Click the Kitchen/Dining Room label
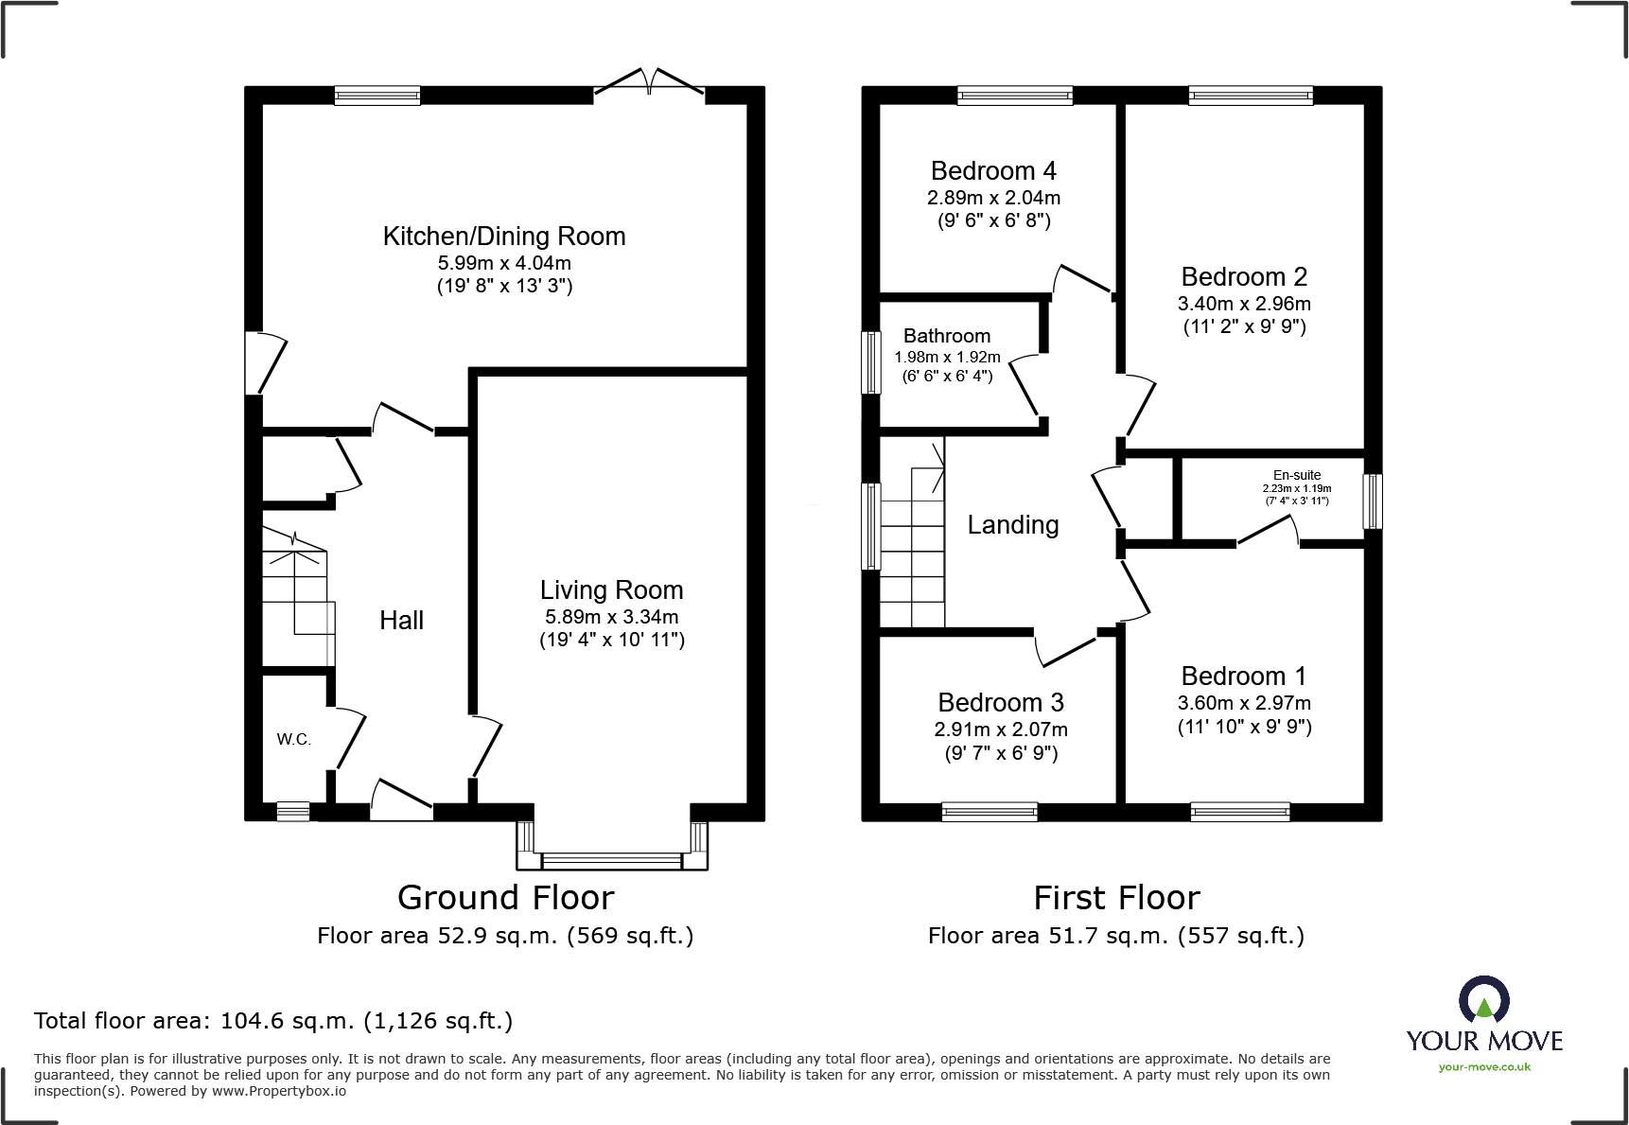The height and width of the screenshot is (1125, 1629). [503, 237]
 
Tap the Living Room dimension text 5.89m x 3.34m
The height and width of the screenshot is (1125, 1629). [611, 617]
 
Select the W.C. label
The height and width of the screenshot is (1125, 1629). [293, 739]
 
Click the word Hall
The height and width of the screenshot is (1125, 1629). [401, 621]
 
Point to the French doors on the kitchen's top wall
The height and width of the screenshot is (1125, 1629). [649, 86]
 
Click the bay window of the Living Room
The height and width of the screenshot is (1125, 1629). [612, 860]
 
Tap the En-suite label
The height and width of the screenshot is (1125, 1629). [1296, 475]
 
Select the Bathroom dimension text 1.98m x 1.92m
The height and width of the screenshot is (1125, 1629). [947, 357]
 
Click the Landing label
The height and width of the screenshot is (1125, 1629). [1012, 525]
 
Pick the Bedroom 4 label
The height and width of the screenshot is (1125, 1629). [993, 171]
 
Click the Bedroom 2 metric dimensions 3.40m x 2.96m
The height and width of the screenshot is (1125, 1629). [1244, 304]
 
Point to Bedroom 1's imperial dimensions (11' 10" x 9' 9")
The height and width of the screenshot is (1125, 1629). [1244, 727]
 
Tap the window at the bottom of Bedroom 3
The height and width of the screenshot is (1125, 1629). [990, 811]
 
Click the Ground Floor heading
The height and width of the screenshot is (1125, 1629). [505, 897]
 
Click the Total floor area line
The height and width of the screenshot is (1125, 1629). [273, 1021]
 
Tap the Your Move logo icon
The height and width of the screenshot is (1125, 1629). [1483, 999]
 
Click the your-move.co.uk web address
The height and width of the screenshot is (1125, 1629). [1484, 1067]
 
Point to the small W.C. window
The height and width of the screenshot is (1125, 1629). [292, 811]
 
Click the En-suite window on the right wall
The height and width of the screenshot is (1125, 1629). [1372, 501]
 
